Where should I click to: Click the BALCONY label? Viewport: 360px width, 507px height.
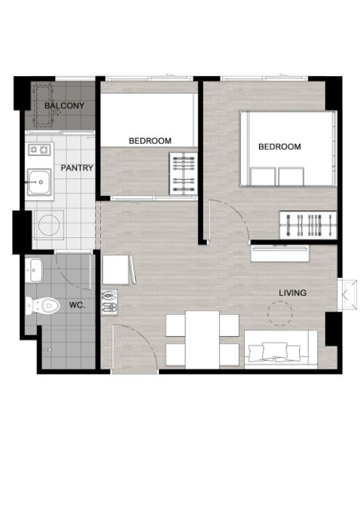pyautogui.click(x=64, y=105)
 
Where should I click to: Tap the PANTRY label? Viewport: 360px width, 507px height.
pyautogui.click(x=77, y=168)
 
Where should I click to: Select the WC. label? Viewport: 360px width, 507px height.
pyautogui.click(x=78, y=305)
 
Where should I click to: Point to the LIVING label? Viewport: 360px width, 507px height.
pyautogui.click(x=293, y=293)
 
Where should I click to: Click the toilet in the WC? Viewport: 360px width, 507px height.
pyautogui.click(x=43, y=305)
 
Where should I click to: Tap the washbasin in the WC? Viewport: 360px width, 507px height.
pyautogui.click(x=34, y=270)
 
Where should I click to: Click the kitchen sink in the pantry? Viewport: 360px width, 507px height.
pyautogui.click(x=39, y=182)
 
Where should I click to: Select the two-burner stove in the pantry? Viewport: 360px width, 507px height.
pyautogui.click(x=40, y=149)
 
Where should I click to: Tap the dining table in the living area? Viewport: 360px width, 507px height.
pyautogui.click(x=203, y=340)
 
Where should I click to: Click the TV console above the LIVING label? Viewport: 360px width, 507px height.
pyautogui.click(x=280, y=253)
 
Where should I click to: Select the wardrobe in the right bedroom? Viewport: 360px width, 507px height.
pyautogui.click(x=308, y=225)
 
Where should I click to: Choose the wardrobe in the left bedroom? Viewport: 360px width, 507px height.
pyautogui.click(x=183, y=174)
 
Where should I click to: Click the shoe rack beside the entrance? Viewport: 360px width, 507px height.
pyautogui.click(x=109, y=302)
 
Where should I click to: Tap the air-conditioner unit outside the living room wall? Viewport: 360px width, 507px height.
pyautogui.click(x=347, y=295)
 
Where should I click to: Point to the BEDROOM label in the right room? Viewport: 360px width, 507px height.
pyautogui.click(x=279, y=147)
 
